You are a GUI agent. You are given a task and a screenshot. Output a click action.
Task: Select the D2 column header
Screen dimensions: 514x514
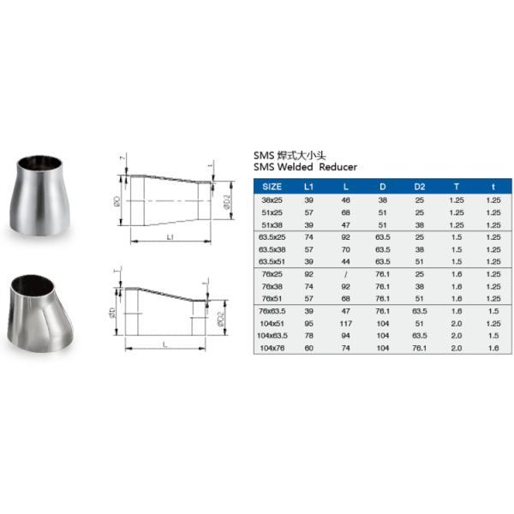[420, 185]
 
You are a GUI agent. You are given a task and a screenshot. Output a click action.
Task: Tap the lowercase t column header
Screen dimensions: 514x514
[493, 185]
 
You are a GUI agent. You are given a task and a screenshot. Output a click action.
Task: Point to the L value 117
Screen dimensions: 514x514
[346, 325]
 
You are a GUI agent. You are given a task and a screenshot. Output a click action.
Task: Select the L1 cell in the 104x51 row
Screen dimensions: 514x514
[309, 325]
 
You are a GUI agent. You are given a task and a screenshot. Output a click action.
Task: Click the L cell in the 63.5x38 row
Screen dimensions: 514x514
[346, 249]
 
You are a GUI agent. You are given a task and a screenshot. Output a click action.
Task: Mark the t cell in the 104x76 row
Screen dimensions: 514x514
[493, 349]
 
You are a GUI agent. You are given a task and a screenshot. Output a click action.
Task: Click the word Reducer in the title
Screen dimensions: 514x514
[339, 167]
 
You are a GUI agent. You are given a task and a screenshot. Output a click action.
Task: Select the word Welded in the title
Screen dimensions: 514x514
[296, 167]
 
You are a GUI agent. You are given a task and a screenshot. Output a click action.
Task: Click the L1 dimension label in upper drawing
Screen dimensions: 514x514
[171, 234]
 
